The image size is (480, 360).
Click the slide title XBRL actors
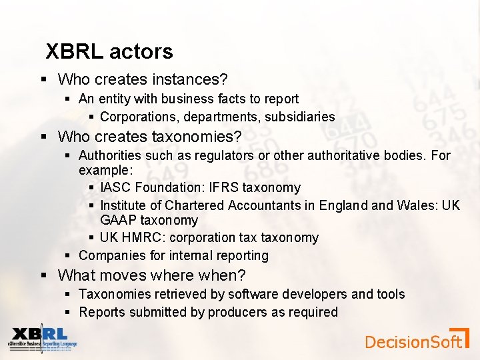coord(109,51)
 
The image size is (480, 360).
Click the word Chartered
coord(197,205)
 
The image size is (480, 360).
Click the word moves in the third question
coord(124,275)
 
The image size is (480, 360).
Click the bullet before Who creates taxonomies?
coord(43,137)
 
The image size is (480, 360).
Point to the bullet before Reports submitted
coord(69,312)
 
